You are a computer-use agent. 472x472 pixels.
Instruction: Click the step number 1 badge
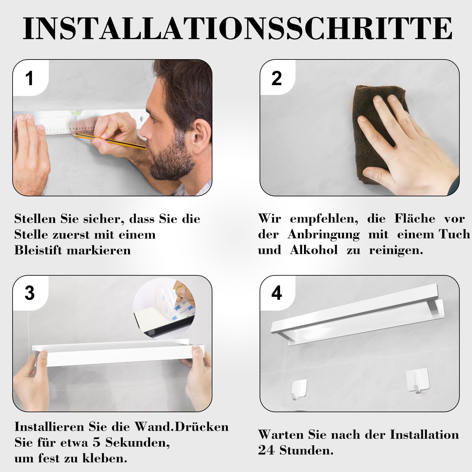[x=30, y=78]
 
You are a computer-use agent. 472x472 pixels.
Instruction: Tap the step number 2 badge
[x=277, y=78]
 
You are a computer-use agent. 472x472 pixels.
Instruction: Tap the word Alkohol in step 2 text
[x=314, y=250]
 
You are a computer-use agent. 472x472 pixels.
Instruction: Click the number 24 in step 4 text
[x=266, y=450]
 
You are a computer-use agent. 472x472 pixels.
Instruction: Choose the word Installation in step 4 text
[x=424, y=435]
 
